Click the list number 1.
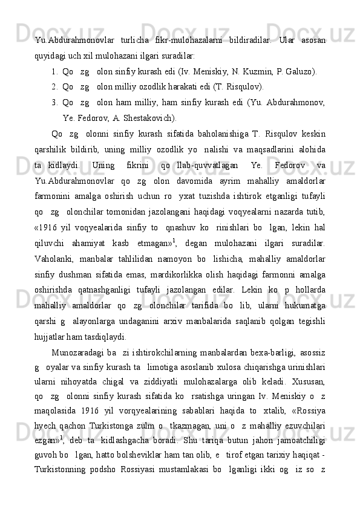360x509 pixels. click(55, 71)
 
